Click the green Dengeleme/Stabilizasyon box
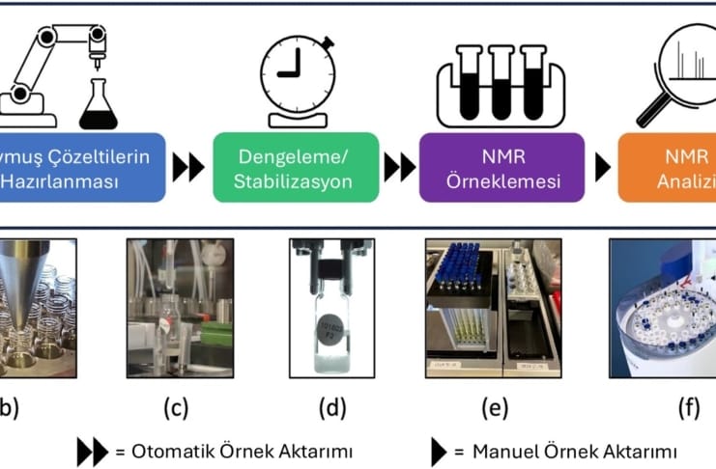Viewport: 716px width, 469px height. (295, 167)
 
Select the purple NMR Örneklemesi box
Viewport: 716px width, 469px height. (501, 167)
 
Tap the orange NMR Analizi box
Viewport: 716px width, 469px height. (671, 167)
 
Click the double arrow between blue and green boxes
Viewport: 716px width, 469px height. (188, 167)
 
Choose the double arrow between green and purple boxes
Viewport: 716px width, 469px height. (399, 167)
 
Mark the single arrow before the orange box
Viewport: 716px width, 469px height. (602, 167)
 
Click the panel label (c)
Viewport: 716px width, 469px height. (175, 408)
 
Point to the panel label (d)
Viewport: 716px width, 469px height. (332, 408)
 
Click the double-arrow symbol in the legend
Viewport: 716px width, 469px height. (93, 450)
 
